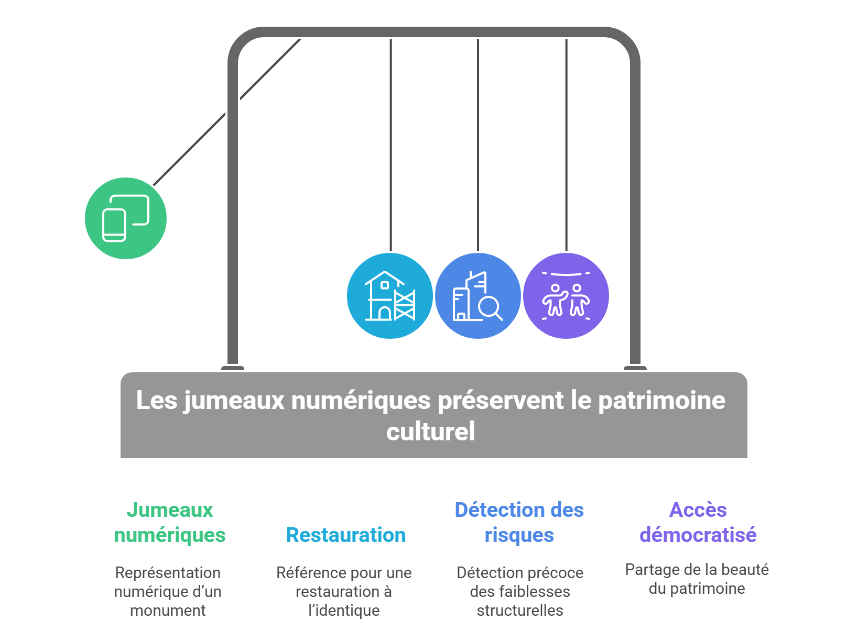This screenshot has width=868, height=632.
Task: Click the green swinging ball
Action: (126, 218)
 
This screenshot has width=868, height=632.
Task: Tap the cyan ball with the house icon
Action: (389, 296)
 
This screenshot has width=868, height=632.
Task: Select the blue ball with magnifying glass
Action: (478, 296)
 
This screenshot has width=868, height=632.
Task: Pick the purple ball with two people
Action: (566, 296)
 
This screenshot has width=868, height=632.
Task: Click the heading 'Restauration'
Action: (346, 535)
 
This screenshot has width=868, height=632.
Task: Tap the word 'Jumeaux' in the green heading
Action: (170, 510)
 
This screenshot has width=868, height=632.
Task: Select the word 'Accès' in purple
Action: (698, 510)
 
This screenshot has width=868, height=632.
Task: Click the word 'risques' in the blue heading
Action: (519, 535)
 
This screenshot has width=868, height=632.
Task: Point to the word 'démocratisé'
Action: (698, 535)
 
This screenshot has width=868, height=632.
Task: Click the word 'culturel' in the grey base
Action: (431, 431)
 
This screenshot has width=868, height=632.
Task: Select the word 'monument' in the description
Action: (168, 611)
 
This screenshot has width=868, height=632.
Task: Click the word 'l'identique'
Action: (344, 611)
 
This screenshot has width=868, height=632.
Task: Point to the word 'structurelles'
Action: (520, 611)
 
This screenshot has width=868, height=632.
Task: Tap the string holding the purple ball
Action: (566, 147)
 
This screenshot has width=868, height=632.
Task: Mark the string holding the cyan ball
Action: (390, 147)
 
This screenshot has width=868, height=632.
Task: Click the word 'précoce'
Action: (557, 573)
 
